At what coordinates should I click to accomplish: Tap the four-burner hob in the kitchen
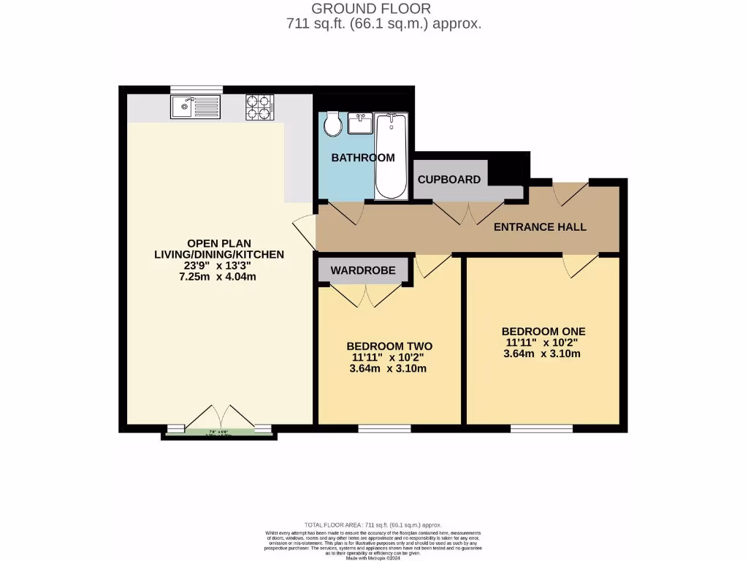(x=259, y=107)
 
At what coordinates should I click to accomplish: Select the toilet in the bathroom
(x=333, y=124)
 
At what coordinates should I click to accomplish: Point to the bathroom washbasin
(x=360, y=123)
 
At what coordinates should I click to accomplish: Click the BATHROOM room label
(x=363, y=158)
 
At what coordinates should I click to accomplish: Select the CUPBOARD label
(x=449, y=180)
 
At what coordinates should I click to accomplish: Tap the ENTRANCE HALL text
(x=540, y=227)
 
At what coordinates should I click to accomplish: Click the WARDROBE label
(x=363, y=270)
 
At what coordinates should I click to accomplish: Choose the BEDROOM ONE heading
(x=543, y=331)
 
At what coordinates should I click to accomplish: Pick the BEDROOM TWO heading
(x=389, y=346)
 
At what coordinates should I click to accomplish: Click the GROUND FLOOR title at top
(x=371, y=9)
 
